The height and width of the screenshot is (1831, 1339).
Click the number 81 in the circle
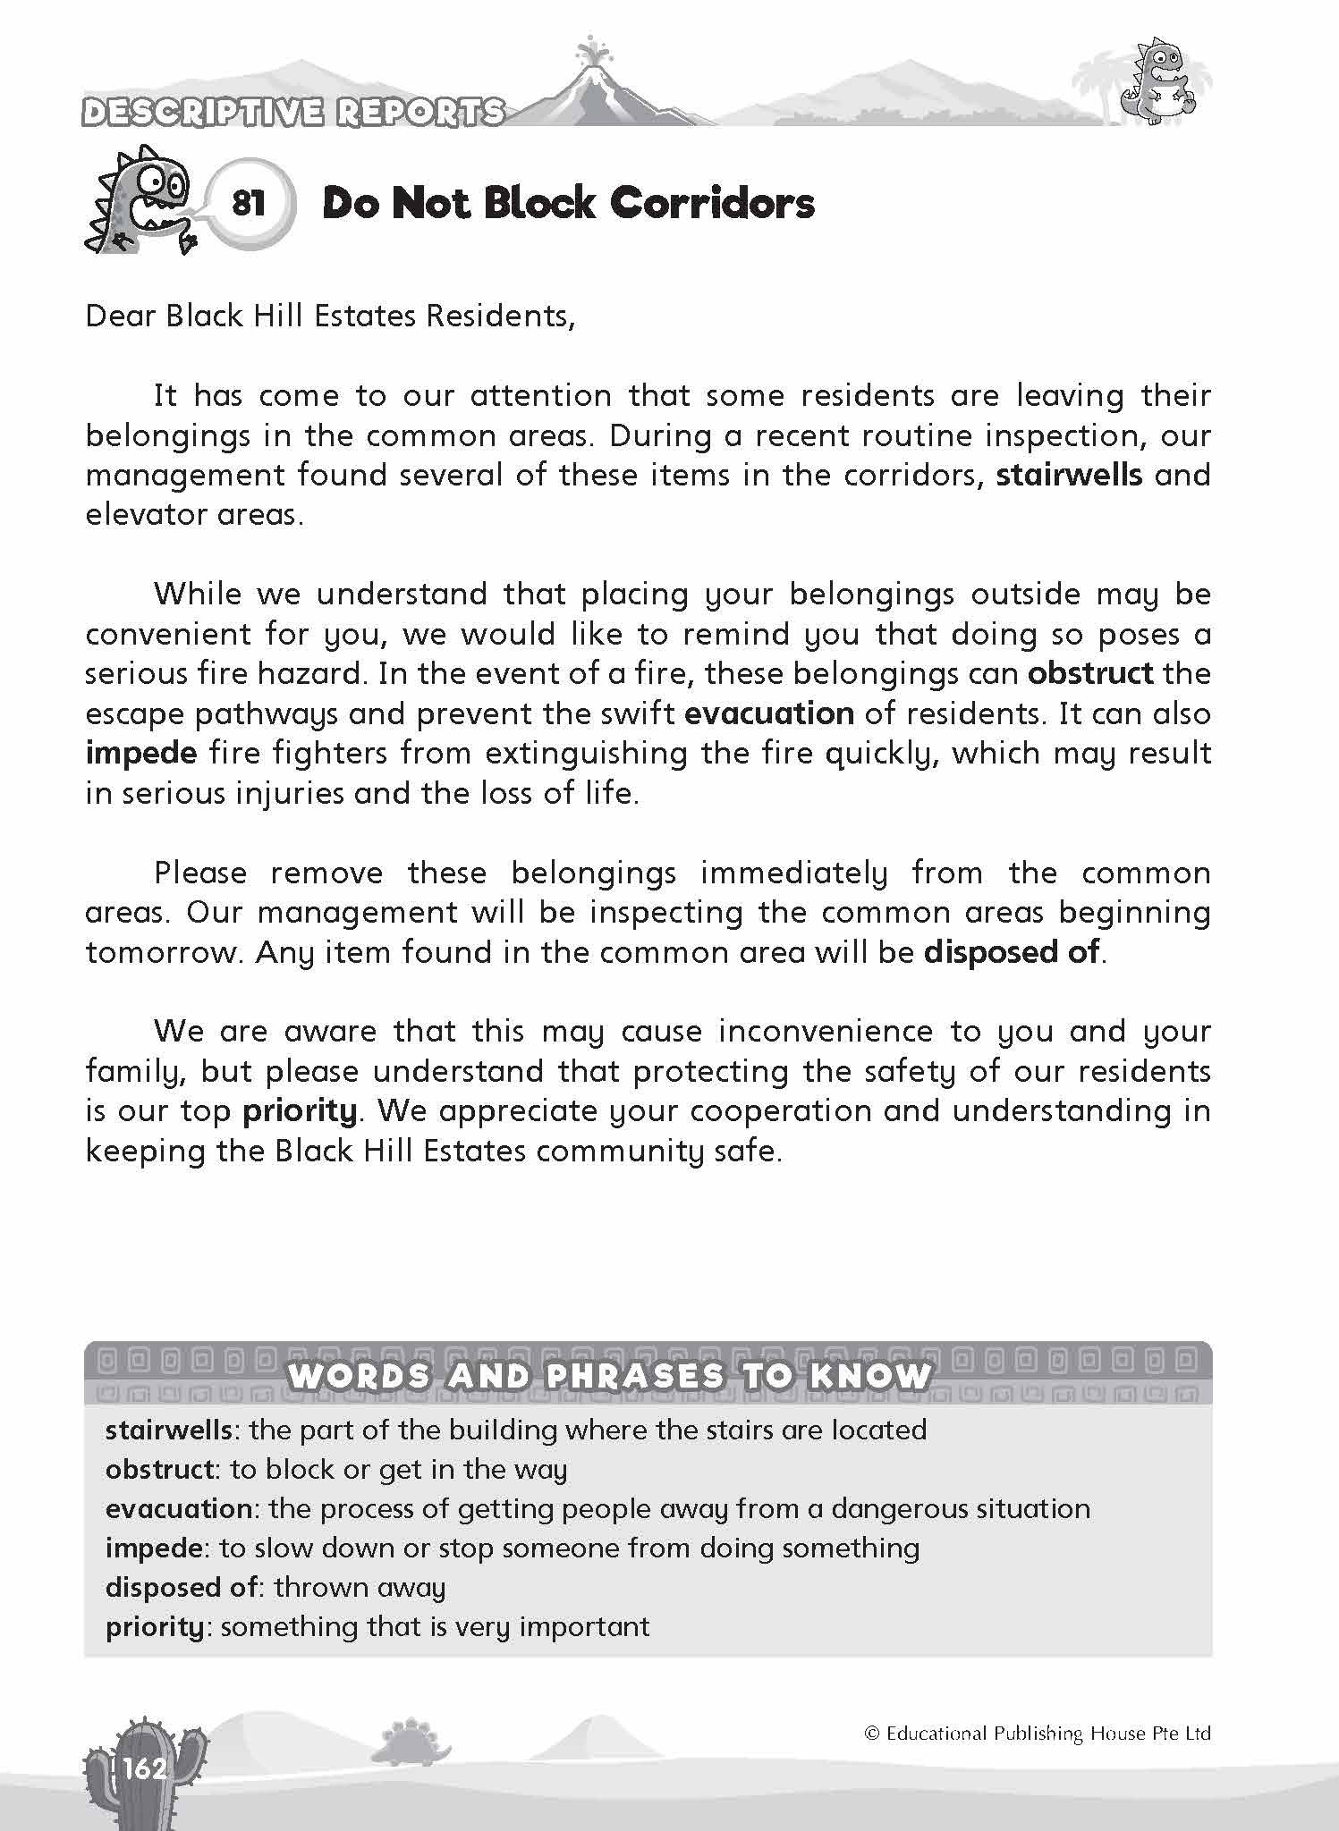(x=249, y=204)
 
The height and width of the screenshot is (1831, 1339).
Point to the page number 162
(x=146, y=1768)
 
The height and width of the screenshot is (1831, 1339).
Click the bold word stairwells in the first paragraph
(x=1068, y=475)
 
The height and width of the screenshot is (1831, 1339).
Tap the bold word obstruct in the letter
(x=1089, y=673)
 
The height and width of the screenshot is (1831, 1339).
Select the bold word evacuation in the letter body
(x=769, y=713)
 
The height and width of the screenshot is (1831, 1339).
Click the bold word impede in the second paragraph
(x=141, y=753)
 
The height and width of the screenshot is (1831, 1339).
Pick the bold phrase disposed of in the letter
(x=1011, y=952)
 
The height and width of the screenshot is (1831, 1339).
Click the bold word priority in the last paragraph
(x=300, y=1110)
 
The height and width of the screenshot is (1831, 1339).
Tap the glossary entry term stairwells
(x=169, y=1430)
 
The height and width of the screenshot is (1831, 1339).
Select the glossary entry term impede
(x=156, y=1548)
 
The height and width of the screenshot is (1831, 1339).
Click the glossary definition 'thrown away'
(x=360, y=1587)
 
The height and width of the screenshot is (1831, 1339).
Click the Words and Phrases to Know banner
(x=608, y=1375)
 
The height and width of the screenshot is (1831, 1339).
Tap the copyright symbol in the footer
(x=872, y=1734)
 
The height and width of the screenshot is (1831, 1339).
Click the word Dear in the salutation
(x=119, y=316)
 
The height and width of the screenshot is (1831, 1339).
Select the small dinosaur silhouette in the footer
(x=410, y=1737)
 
